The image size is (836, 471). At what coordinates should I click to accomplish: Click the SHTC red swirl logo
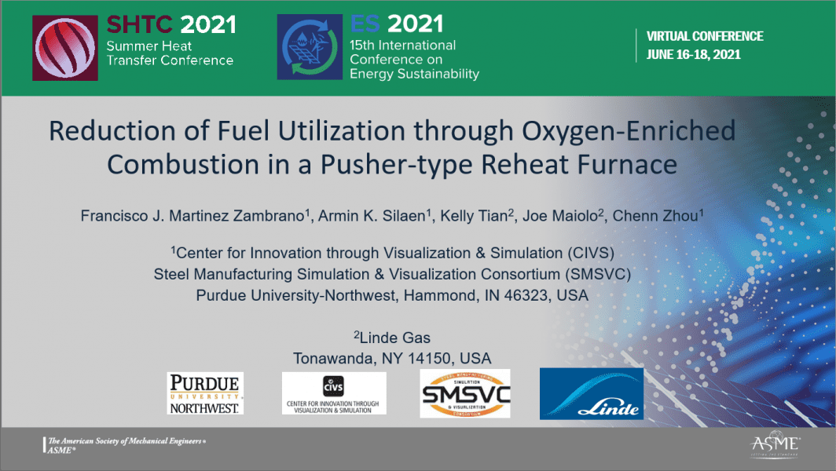pos(65,47)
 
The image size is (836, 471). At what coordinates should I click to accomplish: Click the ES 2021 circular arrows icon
pos(309,47)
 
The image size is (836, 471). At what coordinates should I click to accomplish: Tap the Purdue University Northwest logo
pos(205,393)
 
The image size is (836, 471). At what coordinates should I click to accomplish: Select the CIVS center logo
pos(334,393)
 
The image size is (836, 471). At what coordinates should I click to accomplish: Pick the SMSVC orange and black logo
pos(465,393)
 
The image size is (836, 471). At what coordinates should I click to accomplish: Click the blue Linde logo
pos(592,393)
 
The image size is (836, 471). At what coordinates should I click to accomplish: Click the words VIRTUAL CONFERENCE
pos(705,37)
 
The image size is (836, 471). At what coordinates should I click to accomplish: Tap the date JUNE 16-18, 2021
pos(693,55)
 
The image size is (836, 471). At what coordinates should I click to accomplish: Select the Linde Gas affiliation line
pos(393,338)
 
